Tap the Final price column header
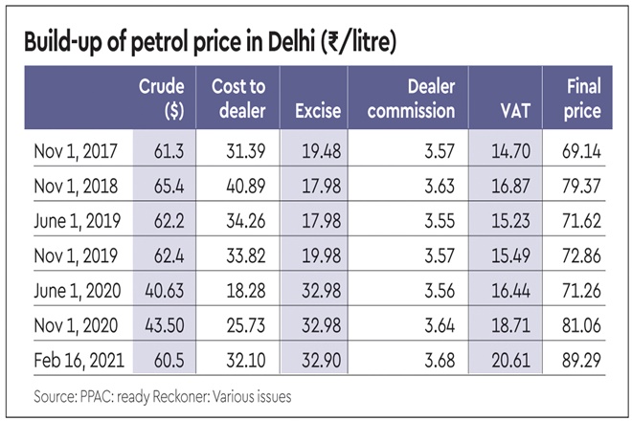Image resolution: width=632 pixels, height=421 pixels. point(583,98)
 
